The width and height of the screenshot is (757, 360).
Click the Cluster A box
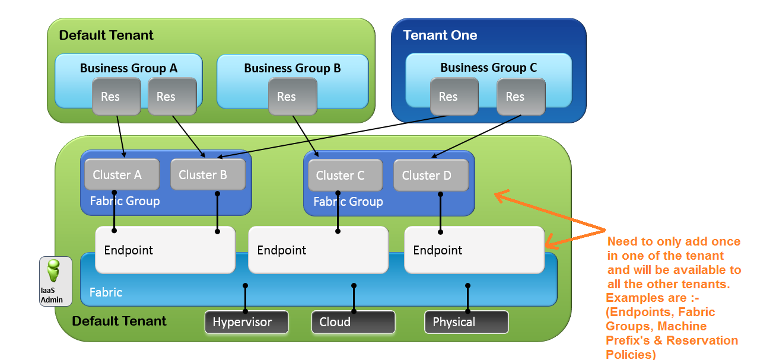[122, 174]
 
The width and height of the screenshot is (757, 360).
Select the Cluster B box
[208, 174]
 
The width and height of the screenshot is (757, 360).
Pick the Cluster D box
[431, 175]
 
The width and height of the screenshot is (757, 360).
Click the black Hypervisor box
[246, 322]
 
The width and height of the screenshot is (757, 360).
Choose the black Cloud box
[353, 322]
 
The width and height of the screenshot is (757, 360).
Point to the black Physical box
[466, 322]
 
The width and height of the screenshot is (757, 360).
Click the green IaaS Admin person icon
[53, 271]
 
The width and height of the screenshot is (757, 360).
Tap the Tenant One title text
[440, 35]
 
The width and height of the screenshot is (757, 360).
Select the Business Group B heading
[292, 68]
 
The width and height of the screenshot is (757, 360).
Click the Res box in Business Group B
[292, 97]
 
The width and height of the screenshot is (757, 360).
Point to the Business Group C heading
[488, 68]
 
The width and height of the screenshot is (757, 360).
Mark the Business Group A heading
[129, 68]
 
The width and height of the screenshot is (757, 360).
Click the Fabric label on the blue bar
[106, 292]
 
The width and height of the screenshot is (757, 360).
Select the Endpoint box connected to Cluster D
[474, 250]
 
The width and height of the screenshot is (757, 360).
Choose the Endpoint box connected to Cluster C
[318, 250]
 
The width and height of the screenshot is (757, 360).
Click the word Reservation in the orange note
[702, 340]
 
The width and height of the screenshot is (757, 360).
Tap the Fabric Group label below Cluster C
[348, 202]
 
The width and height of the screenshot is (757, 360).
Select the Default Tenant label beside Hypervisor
[119, 321]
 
